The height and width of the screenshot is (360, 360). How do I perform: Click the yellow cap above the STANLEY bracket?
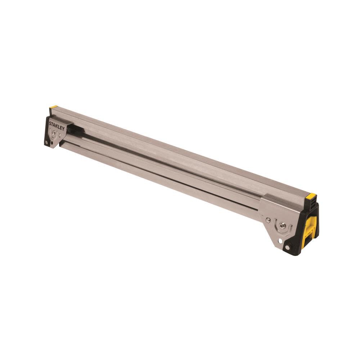(54, 107)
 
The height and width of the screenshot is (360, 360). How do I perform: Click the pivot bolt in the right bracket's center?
(282, 226)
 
